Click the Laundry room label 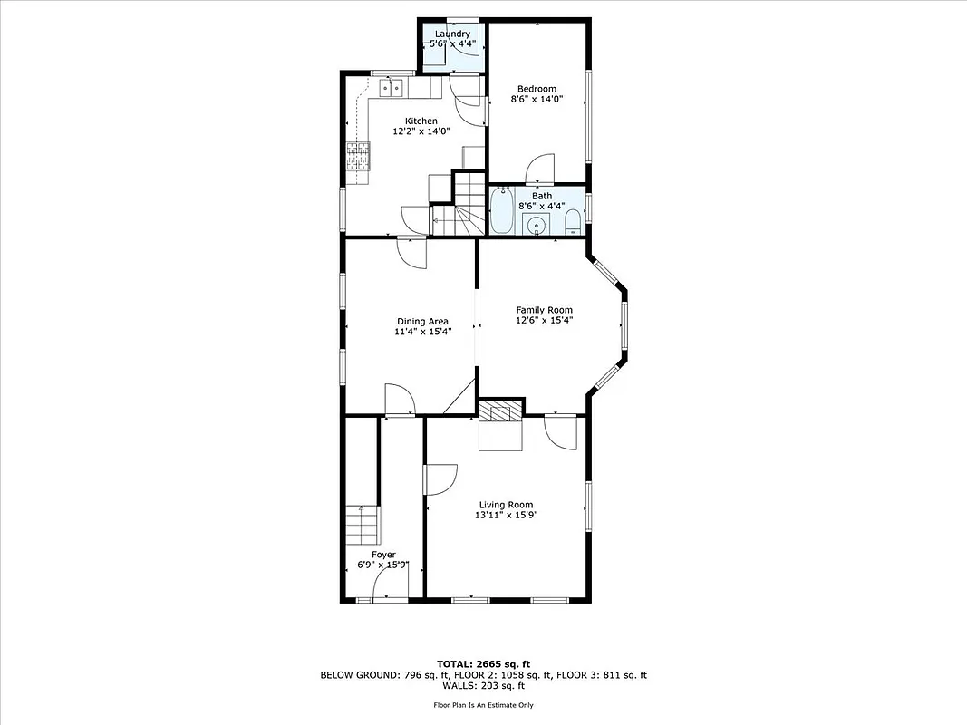tap(452, 34)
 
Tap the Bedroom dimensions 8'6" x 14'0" tap(537, 100)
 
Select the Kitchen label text tap(421, 121)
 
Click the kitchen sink tap(391, 88)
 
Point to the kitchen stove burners tap(358, 156)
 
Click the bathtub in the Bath tap(501, 211)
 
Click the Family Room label tap(544, 310)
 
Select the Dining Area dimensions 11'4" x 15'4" tap(422, 332)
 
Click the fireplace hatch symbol tap(501, 412)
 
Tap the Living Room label tap(505, 505)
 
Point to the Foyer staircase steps tap(362, 524)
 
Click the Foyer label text tap(383, 555)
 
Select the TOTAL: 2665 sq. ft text tap(483, 662)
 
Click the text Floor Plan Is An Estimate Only tap(483, 704)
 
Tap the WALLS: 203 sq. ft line tap(483, 686)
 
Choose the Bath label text tap(541, 196)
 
